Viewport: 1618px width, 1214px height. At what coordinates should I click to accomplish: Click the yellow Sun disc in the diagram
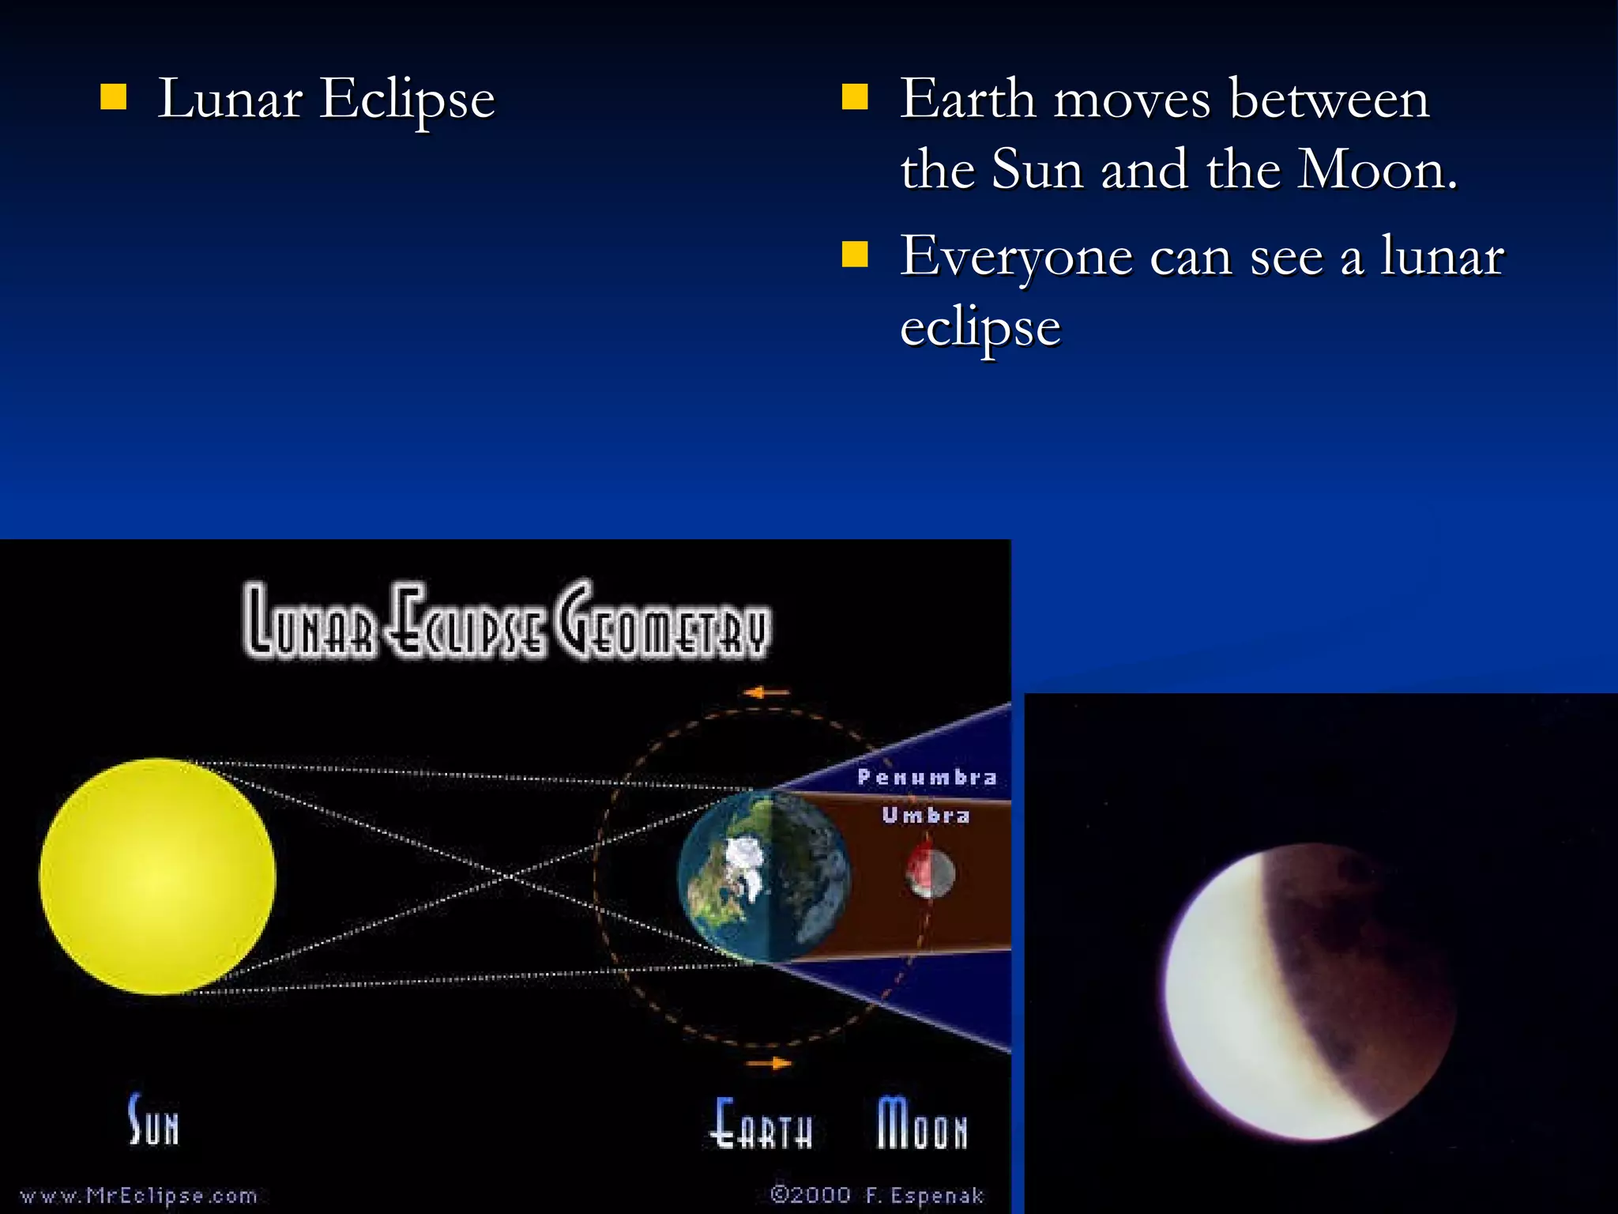tap(157, 876)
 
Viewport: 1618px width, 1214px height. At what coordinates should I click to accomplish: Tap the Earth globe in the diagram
tap(763, 876)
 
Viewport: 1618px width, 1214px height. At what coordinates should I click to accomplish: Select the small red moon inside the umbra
tap(930, 873)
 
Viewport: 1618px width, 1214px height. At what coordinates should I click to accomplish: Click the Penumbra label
tap(927, 778)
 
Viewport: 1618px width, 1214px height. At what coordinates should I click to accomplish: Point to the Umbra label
tap(926, 815)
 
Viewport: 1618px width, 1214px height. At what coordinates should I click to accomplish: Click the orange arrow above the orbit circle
tap(766, 693)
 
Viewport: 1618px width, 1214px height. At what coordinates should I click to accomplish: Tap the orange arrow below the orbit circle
tap(769, 1063)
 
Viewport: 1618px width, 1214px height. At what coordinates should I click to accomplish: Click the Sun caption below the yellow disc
tap(154, 1121)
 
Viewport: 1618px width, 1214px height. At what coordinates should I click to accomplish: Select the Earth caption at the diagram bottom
tap(762, 1123)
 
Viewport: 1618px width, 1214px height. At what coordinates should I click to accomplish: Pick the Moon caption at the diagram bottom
tap(921, 1123)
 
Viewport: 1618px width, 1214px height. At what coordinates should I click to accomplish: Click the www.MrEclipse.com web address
tap(138, 1195)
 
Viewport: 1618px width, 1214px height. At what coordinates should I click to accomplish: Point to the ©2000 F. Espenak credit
tap(877, 1194)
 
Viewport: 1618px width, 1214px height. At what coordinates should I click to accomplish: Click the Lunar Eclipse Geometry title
tap(506, 621)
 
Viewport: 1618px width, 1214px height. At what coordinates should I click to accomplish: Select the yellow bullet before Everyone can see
tap(855, 255)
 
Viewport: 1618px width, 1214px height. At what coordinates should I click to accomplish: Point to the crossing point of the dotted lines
tap(506, 876)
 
